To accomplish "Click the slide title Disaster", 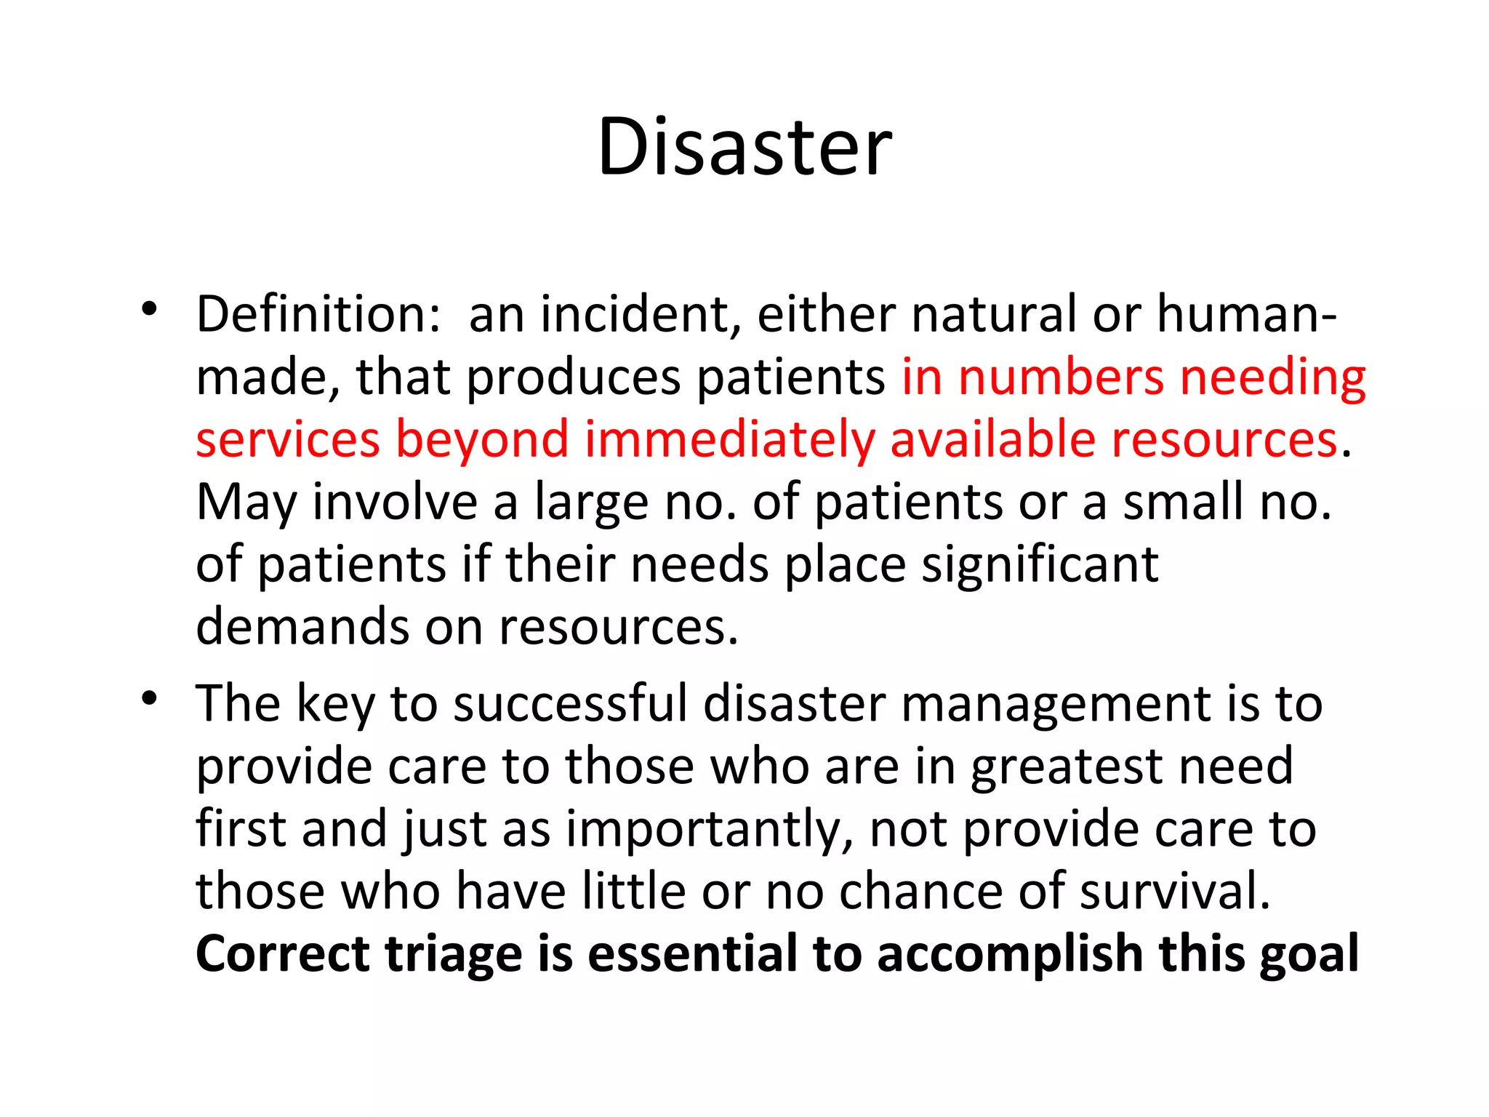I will coord(744,147).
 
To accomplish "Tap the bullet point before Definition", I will coord(150,310).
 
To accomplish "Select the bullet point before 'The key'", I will coord(150,699).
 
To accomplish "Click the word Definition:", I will coord(318,314).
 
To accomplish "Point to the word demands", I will coord(302,627).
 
